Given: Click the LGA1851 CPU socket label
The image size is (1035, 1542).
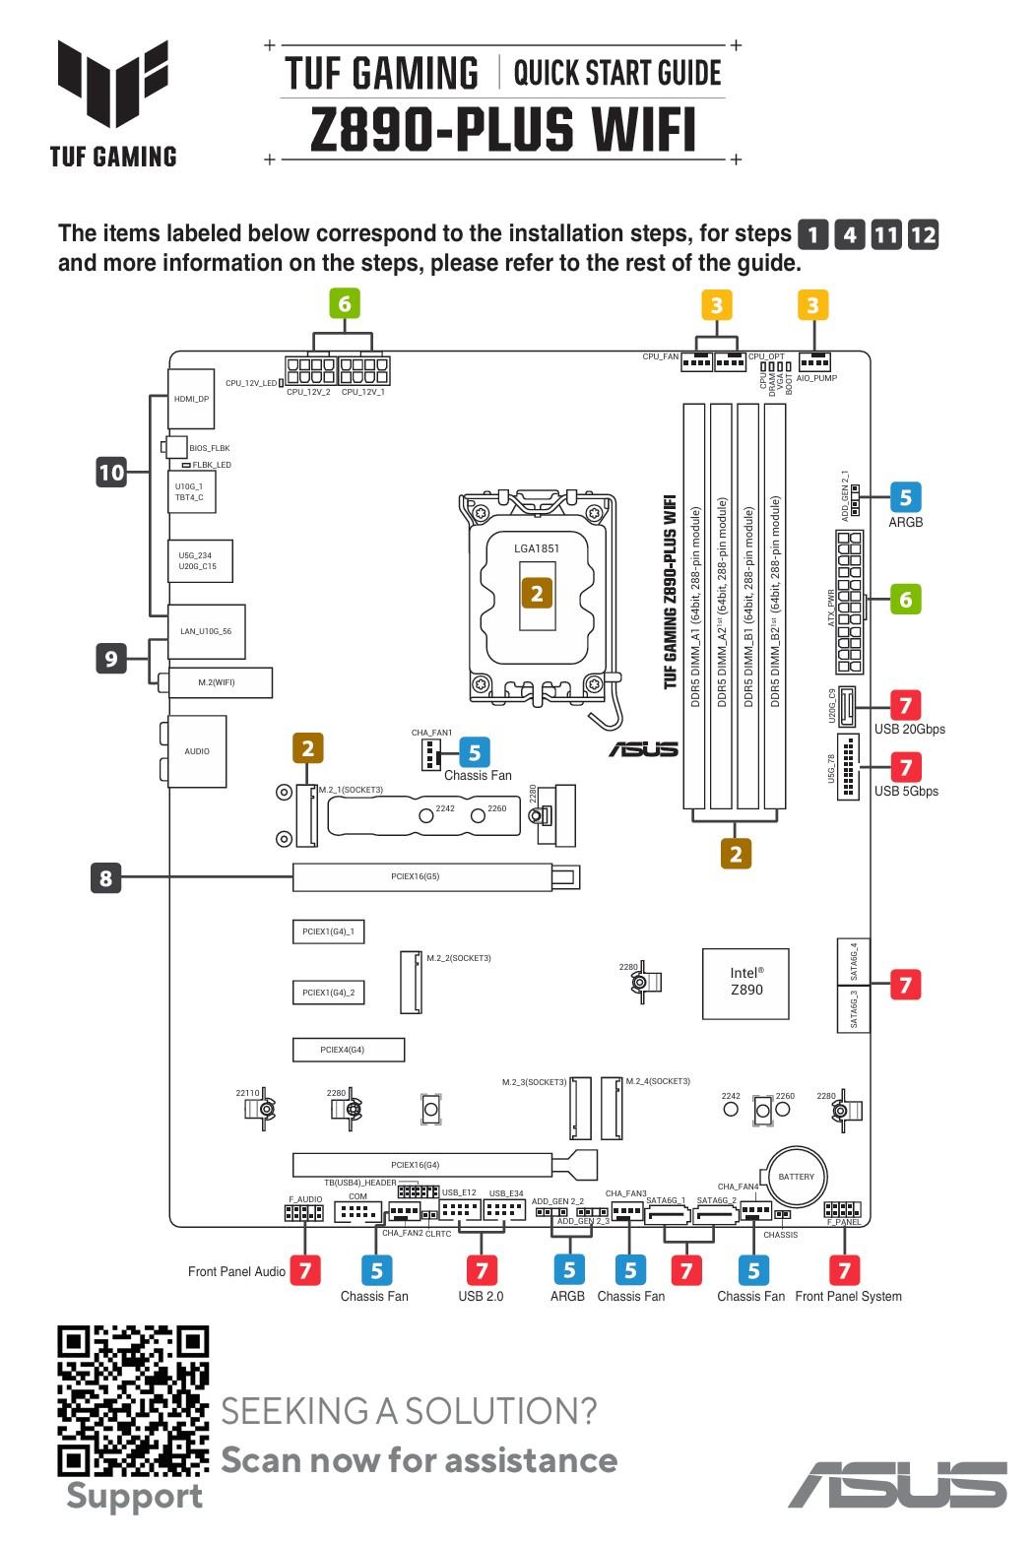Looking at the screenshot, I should point(537,548).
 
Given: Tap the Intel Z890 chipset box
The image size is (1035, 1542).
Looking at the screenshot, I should point(745,983).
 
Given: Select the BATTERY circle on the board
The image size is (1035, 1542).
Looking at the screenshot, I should point(796,1177).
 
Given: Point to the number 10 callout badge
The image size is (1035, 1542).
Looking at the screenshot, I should point(111,473).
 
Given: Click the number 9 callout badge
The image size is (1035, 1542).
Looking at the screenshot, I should point(111,658).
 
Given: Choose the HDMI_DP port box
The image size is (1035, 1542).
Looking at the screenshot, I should point(191,400).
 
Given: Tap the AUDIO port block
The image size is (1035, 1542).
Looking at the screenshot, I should point(197,751).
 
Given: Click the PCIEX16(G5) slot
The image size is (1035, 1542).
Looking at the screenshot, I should point(421,876).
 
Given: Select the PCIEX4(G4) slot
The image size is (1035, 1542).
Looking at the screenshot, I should point(348,1050).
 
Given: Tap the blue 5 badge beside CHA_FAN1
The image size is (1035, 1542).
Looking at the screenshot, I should point(475,752).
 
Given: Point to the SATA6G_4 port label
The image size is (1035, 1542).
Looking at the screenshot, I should point(854,960).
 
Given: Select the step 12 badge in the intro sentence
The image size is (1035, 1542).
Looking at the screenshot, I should point(923,234).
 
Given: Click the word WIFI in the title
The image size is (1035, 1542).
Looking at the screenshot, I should point(643,131).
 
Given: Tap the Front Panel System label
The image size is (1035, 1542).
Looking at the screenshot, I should point(848,1296).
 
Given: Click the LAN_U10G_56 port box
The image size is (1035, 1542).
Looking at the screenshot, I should point(206,631).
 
